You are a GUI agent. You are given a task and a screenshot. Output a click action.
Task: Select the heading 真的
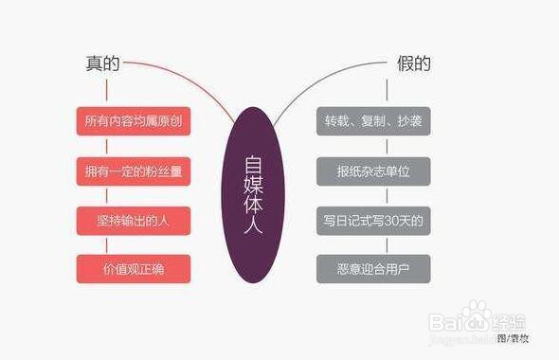[x=103, y=64]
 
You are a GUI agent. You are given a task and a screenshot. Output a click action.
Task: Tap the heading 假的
[x=413, y=64]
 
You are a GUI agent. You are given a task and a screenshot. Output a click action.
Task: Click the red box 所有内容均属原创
[x=134, y=121]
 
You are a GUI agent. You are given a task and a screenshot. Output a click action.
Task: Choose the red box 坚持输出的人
[x=134, y=220]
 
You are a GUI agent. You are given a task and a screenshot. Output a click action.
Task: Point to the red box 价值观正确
[x=134, y=269]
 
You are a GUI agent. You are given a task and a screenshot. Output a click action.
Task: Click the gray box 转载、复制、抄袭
[x=373, y=121]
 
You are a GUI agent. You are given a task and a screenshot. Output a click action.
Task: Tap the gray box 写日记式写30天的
[x=373, y=220]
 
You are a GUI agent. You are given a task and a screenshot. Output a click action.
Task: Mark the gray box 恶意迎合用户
[x=373, y=269]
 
